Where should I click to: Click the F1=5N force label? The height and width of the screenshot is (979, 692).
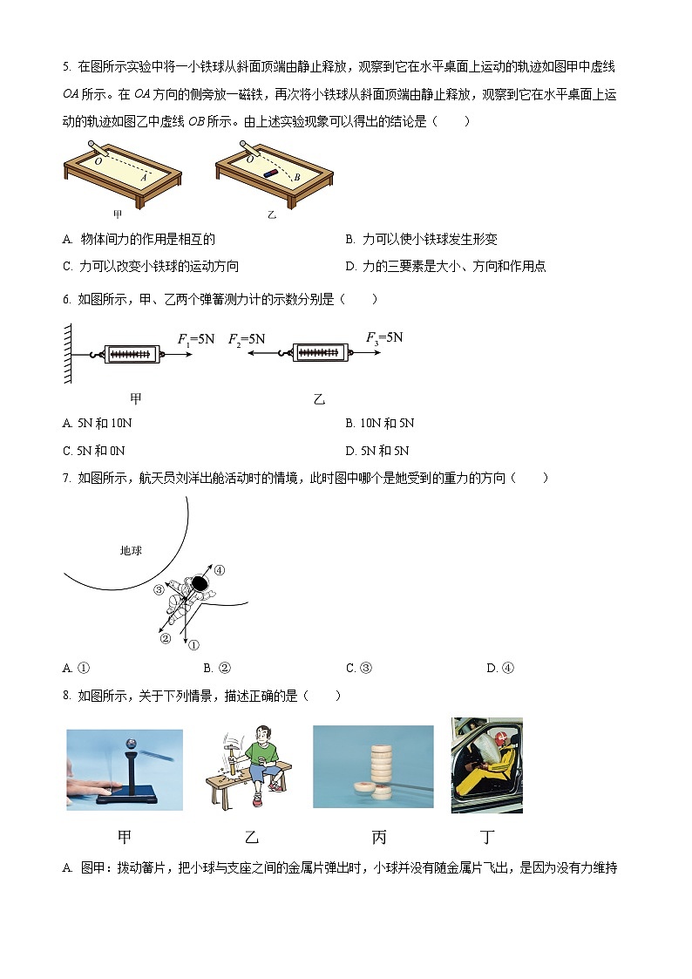pyautogui.click(x=195, y=337)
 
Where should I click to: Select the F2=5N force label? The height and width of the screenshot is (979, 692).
pyautogui.click(x=247, y=337)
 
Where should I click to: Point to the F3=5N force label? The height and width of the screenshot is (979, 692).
pyautogui.click(x=384, y=337)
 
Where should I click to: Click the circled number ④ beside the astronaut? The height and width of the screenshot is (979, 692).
pyautogui.click(x=220, y=570)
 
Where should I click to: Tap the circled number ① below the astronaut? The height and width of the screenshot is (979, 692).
pyautogui.click(x=193, y=645)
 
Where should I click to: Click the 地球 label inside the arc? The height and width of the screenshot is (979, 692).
pyautogui.click(x=131, y=551)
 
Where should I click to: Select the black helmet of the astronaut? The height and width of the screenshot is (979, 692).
pyautogui.click(x=200, y=583)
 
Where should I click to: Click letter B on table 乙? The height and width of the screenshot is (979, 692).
pyautogui.click(x=297, y=177)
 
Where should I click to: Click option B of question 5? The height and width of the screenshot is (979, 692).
pyautogui.click(x=422, y=239)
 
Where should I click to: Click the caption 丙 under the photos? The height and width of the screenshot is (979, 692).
pyautogui.click(x=379, y=838)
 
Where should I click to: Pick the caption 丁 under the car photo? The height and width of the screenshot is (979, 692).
pyautogui.click(x=487, y=838)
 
